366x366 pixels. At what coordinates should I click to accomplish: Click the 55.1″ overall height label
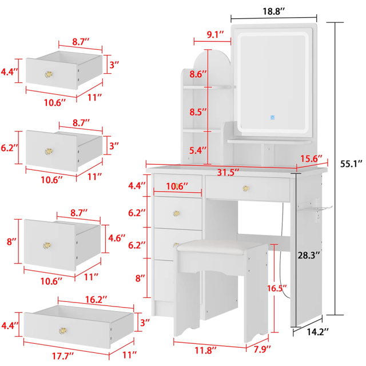tap(351, 164)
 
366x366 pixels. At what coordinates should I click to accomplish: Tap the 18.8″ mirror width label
tap(274, 11)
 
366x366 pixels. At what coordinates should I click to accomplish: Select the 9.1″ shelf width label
tap(215, 34)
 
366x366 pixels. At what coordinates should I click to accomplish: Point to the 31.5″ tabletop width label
tap(228, 172)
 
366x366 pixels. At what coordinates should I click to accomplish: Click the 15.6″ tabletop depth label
tap(311, 159)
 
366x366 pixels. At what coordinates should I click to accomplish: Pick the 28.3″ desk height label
tap(308, 256)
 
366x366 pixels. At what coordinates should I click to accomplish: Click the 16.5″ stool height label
tap(277, 288)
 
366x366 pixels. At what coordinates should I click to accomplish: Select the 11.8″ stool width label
tap(206, 350)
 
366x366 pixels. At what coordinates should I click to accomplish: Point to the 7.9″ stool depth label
tap(262, 349)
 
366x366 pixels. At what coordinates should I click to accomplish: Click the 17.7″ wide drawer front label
tap(62, 356)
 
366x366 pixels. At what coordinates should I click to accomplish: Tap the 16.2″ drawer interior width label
tap(96, 299)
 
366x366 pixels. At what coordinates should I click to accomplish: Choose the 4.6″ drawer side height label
tap(117, 238)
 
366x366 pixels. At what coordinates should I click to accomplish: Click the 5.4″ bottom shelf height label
tap(198, 150)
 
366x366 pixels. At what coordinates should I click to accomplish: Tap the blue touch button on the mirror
tap(272, 117)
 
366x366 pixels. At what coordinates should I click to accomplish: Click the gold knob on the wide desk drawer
tap(245, 188)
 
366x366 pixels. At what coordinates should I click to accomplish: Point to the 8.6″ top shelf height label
tap(198, 74)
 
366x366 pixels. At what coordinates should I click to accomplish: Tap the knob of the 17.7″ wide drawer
tap(62, 331)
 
